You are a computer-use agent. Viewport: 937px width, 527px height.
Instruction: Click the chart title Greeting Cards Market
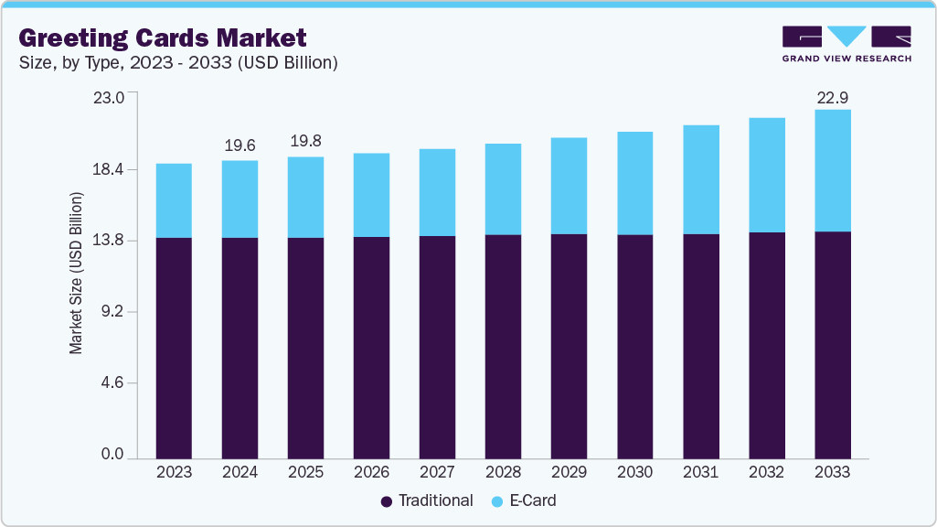[162, 38]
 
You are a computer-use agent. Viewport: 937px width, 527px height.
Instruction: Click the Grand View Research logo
[846, 43]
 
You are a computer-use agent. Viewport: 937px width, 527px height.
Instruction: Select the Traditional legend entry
[426, 500]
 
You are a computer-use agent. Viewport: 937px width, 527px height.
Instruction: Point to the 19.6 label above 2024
[240, 145]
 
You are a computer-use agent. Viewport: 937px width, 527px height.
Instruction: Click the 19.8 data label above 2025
[305, 142]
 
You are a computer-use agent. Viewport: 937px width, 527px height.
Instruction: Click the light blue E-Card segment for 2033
[832, 170]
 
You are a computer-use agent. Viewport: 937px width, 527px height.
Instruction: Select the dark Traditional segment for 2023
[174, 348]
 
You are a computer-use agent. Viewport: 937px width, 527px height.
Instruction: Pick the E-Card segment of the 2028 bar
[503, 188]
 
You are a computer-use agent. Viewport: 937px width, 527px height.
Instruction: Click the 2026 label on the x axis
[371, 472]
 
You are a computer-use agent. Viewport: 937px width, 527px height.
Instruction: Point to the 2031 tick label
[700, 472]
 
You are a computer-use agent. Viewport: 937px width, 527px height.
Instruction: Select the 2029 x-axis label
[569, 472]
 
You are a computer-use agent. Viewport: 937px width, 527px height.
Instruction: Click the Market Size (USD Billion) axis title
[77, 274]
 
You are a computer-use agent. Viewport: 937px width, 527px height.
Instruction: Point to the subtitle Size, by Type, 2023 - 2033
[178, 63]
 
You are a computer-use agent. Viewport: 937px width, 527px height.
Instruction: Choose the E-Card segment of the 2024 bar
[240, 199]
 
